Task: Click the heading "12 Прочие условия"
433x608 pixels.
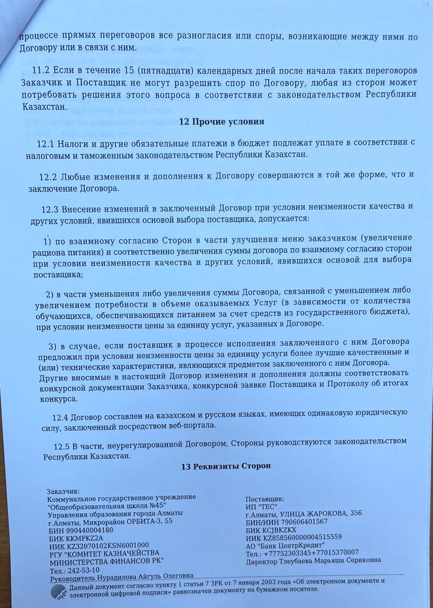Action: (221, 121)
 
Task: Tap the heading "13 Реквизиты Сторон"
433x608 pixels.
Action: (226, 466)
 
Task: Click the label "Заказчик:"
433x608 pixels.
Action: (62, 491)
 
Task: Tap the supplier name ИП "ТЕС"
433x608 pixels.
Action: (261, 506)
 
